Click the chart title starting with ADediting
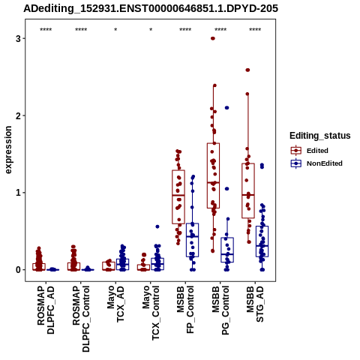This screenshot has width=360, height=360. tap(151, 9)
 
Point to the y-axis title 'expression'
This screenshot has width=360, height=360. tap(8, 150)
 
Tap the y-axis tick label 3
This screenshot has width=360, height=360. tap(18, 38)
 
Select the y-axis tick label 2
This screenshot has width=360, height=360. tap(18, 115)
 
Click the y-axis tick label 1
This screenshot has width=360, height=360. tap(18, 193)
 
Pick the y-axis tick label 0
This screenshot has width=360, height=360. tap(18, 270)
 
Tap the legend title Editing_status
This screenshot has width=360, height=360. tap(320, 136)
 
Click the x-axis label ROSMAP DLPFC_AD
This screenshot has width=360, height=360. tap(46, 310)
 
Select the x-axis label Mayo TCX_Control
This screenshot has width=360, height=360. tap(151, 313)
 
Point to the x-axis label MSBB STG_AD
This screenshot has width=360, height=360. tap(255, 304)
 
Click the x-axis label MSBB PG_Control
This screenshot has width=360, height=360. tap(220, 310)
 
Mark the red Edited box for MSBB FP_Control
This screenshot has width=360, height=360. tap(178, 197)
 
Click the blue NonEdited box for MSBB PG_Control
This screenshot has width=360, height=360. tap(227, 250)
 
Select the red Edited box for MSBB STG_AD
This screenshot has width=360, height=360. tap(248, 190)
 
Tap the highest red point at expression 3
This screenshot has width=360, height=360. tap(213, 38)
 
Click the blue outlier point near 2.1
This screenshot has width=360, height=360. tap(227, 108)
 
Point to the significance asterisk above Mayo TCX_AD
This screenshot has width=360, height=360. tap(115, 30)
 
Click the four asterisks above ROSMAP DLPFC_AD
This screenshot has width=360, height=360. tap(46, 30)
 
